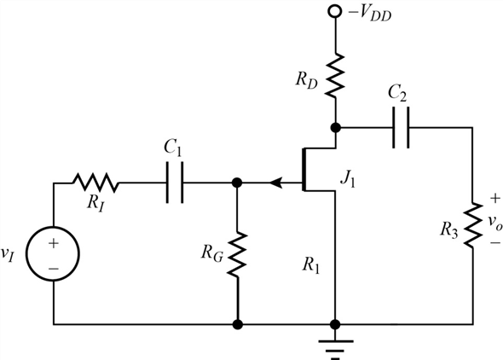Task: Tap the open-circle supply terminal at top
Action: coord(335,14)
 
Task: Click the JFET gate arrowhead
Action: coord(275,183)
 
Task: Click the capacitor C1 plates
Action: coord(176,183)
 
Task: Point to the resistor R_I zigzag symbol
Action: coord(95,183)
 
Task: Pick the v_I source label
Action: coord(11,255)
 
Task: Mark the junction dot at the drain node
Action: coord(335,128)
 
